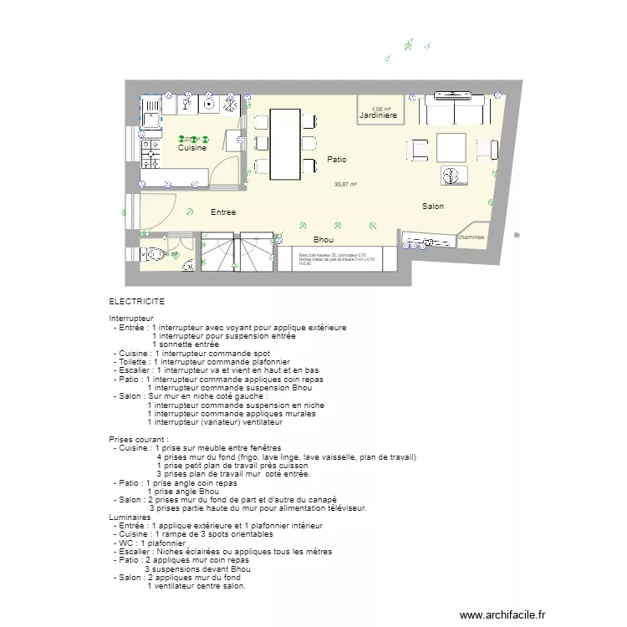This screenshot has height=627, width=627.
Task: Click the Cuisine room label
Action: click(x=191, y=148)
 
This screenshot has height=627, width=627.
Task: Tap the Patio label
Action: click(x=337, y=159)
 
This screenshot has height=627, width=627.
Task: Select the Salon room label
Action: click(x=432, y=206)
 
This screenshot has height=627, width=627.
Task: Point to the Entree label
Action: click(x=222, y=212)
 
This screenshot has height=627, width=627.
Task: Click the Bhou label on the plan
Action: click(x=324, y=239)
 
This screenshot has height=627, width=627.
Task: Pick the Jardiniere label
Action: click(x=378, y=116)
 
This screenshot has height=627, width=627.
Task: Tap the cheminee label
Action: click(x=472, y=237)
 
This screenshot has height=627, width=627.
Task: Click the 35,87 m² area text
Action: click(x=345, y=185)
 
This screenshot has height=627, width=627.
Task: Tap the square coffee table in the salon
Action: click(x=451, y=148)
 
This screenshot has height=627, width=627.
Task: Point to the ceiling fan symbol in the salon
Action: click(x=451, y=176)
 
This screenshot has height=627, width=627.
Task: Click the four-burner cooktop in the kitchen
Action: click(x=151, y=154)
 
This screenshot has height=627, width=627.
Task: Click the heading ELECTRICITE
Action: click(x=136, y=301)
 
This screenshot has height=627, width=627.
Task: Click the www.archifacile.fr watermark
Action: click(x=502, y=613)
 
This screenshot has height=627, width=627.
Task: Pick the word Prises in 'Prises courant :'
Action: click(x=120, y=438)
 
